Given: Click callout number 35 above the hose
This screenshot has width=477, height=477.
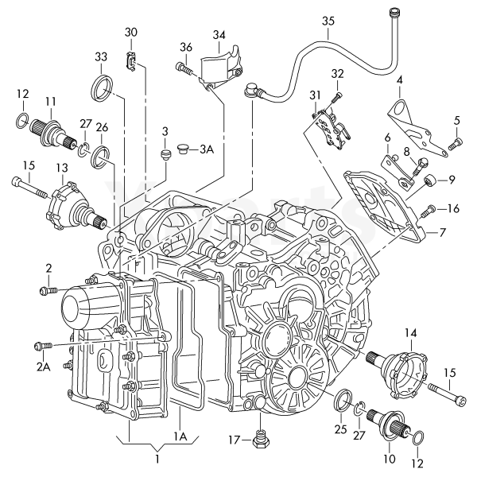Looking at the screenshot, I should (328, 22).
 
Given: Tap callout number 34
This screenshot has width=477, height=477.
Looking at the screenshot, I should (218, 34).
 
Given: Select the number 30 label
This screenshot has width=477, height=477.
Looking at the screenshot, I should (132, 33).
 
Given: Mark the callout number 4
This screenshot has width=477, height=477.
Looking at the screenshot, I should (399, 79).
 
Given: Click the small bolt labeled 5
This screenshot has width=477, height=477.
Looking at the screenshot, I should (456, 144).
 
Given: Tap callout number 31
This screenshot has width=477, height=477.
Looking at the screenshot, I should (315, 96).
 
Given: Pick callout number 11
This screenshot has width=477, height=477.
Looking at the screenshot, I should (50, 101).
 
